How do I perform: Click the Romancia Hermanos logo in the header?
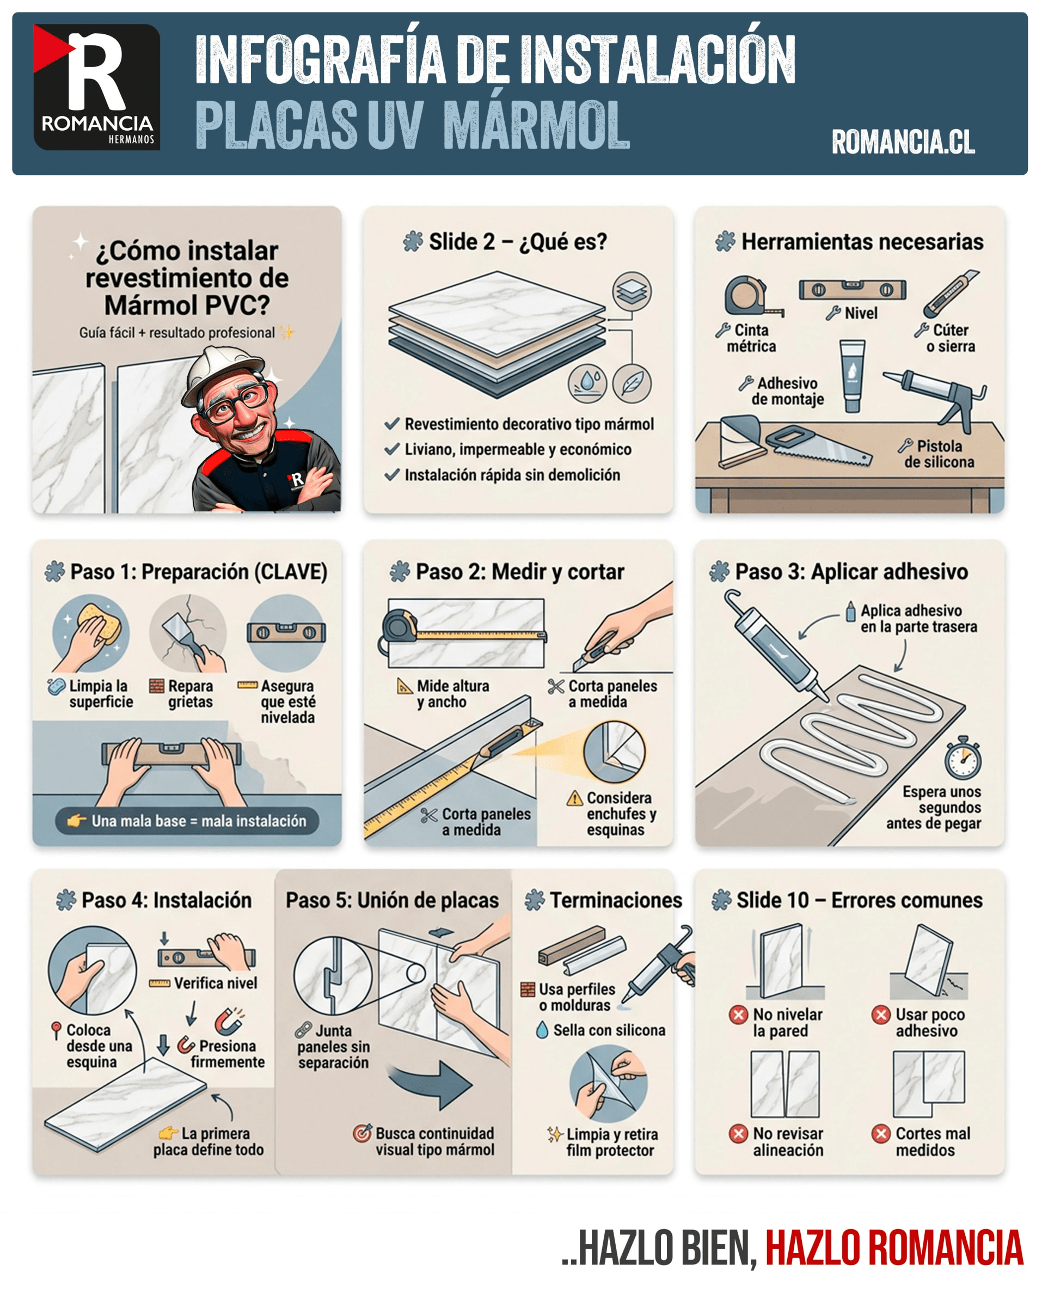tap(97, 87)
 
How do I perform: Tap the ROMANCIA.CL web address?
tap(903, 142)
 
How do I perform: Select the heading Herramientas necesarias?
tap(862, 241)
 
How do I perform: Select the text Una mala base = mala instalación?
tap(199, 821)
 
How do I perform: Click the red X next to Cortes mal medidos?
tap(880, 1133)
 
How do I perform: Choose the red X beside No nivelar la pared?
tap(738, 1014)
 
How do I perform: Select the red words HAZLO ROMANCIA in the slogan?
tap(894, 1248)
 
